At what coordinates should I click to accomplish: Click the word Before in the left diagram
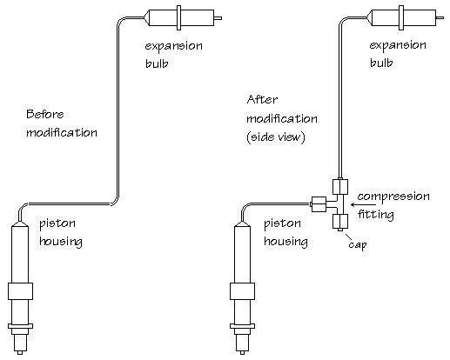click(45, 114)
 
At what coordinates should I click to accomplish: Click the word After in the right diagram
click(262, 99)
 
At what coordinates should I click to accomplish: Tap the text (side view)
click(276, 137)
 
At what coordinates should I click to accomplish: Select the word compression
click(393, 197)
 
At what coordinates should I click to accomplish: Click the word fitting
click(376, 215)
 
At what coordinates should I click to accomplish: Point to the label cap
click(358, 245)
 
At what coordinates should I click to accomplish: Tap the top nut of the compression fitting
click(340, 187)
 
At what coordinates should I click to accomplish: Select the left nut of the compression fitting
click(319, 204)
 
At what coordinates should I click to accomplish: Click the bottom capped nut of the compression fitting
click(340, 222)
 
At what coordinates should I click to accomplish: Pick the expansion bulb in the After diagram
click(405, 17)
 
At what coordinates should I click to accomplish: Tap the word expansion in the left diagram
click(173, 46)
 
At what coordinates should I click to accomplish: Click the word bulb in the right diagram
click(381, 63)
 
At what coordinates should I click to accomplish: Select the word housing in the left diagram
click(61, 242)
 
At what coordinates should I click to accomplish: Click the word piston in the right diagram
click(282, 223)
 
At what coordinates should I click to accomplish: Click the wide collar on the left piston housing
click(20, 291)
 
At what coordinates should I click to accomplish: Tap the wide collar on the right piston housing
click(242, 291)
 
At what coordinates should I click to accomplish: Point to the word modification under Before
click(62, 132)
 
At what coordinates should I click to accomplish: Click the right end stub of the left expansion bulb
click(218, 18)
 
